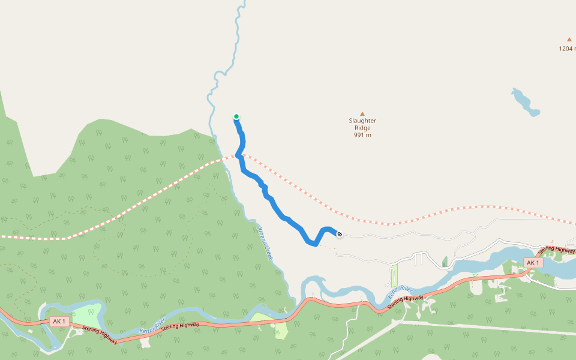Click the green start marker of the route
pos(236,116)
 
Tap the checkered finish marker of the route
pos(340,234)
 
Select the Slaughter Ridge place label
pos(362,124)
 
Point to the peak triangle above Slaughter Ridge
pos(362,113)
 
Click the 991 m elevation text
pos(362,135)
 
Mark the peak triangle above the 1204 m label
pos(569,40)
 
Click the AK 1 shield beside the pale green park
pos(58,322)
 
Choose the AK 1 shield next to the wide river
pos(533,263)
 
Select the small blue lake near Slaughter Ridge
pos(524,102)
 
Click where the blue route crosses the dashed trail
pos(239,155)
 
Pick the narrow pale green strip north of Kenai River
pos(394,276)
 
